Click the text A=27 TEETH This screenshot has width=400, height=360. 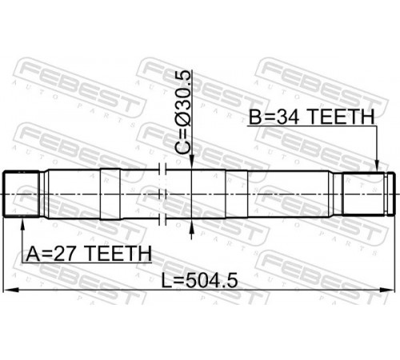point(89,254)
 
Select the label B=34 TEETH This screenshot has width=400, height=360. point(311,117)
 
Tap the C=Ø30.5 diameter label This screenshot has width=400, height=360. point(183,113)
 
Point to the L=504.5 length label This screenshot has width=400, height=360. point(200,281)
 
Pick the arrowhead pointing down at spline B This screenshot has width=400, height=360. point(377,165)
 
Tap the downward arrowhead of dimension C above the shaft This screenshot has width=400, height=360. point(191,162)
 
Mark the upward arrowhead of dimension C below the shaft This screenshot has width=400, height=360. point(191,226)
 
